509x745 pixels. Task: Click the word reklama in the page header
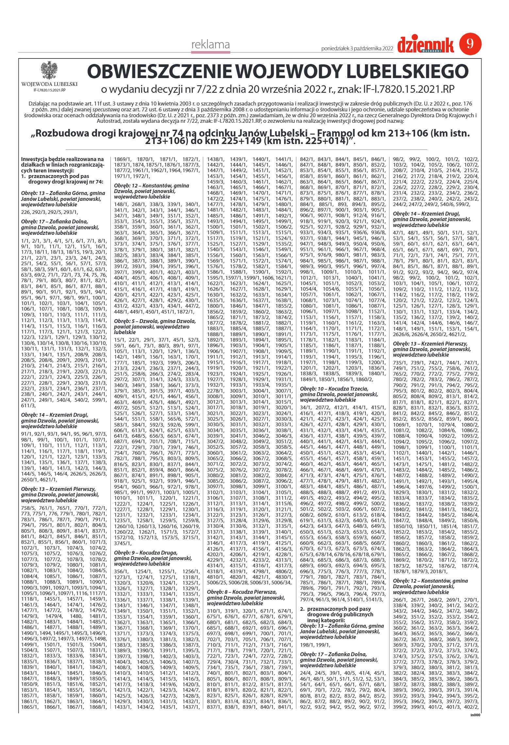pos(210,45)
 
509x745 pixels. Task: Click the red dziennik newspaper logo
pos(425,46)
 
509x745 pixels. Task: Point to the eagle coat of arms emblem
pos(49,70)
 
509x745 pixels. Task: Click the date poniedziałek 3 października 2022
pos(357,48)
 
